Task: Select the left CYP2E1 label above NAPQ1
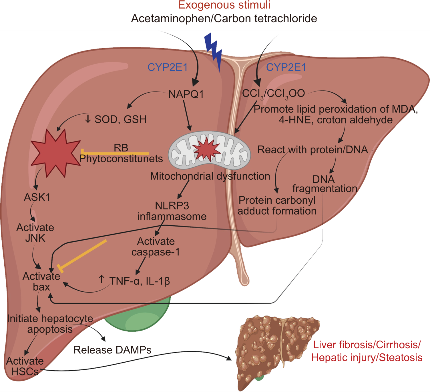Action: pyautogui.click(x=168, y=67)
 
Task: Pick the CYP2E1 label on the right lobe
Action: pyautogui.click(x=286, y=67)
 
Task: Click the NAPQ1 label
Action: pyautogui.click(x=186, y=94)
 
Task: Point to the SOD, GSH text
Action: pyautogui.click(x=120, y=119)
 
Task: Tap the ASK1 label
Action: pyautogui.click(x=37, y=197)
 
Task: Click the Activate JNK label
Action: pyautogui.click(x=35, y=233)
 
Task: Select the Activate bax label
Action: pyautogui.click(x=41, y=281)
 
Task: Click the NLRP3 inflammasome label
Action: pyautogui.click(x=172, y=211)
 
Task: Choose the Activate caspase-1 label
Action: pyautogui.click(x=156, y=247)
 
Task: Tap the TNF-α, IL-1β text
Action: pyautogui.click(x=139, y=281)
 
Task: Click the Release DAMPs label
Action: pyautogui.click(x=112, y=350)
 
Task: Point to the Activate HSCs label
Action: pyautogui.click(x=25, y=366)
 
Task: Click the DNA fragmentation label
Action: pyautogui.click(x=325, y=184)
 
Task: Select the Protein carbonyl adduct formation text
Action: pyautogui.click(x=277, y=205)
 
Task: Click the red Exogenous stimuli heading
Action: pyautogui.click(x=224, y=5)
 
